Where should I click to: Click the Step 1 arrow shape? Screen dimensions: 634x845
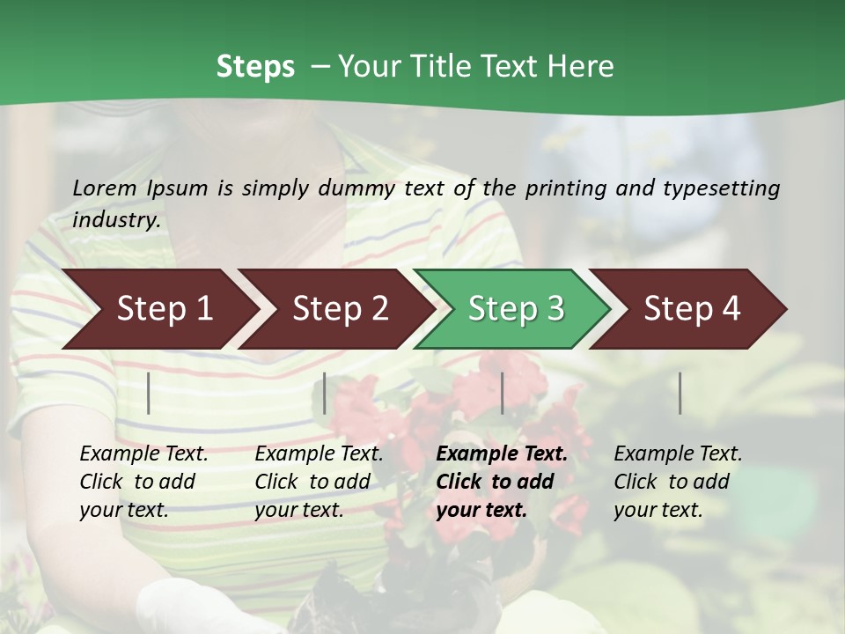coord(165,309)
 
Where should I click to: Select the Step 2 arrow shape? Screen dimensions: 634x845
coord(340,309)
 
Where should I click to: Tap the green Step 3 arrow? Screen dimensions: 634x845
coord(516,309)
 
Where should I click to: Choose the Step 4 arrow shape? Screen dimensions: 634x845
coord(692,309)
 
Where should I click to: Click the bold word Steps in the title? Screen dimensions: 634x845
coord(255,67)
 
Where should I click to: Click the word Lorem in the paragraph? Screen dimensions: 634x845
coord(105,188)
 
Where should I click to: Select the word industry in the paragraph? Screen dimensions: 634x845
coord(115,219)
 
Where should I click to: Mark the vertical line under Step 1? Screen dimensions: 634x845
coord(149,393)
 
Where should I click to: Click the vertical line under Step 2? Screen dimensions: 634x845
coord(325,393)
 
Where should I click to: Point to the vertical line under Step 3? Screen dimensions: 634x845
coord(503,393)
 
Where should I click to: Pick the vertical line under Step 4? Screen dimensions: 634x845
coord(680,393)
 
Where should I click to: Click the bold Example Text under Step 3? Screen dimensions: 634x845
coord(502,453)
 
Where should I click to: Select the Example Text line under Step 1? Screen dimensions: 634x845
coord(143,453)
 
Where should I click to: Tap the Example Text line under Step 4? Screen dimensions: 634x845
coord(678,453)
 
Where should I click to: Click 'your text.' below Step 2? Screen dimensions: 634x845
coord(299,510)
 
